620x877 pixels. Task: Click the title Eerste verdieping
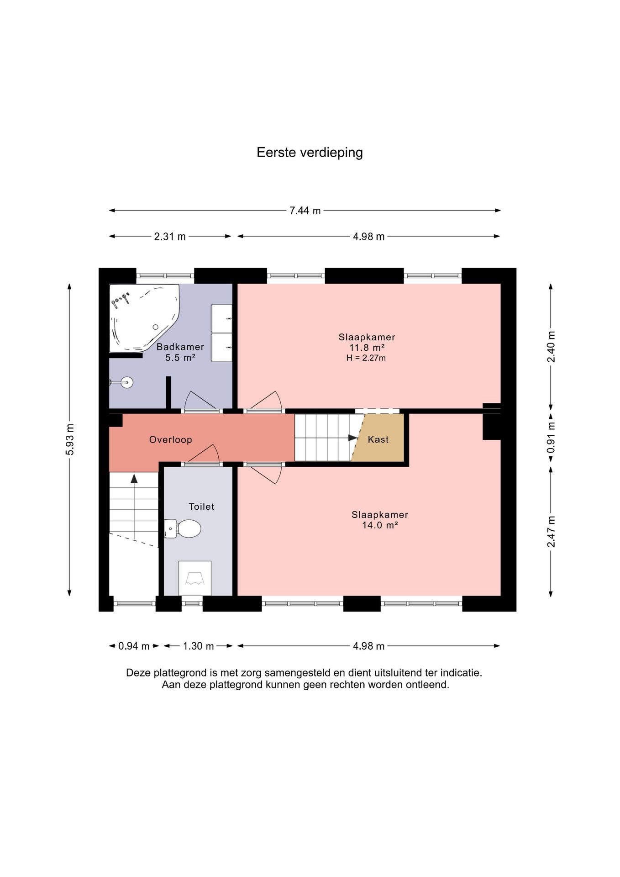[310, 153]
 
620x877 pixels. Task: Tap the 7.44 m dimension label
[305, 211]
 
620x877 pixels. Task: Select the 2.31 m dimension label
[170, 237]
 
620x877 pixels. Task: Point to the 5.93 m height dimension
[69, 439]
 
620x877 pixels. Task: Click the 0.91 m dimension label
[551, 437]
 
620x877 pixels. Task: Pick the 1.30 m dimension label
[198, 646]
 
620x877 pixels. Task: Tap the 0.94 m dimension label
[134, 646]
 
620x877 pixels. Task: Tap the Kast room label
[378, 439]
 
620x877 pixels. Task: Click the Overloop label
[171, 440]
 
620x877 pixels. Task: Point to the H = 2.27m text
[366, 358]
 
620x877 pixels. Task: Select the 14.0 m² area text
[380, 525]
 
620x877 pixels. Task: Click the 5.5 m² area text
[180, 358]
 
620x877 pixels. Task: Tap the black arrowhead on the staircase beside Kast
[353, 438]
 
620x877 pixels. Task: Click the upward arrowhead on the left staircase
[134, 478]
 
